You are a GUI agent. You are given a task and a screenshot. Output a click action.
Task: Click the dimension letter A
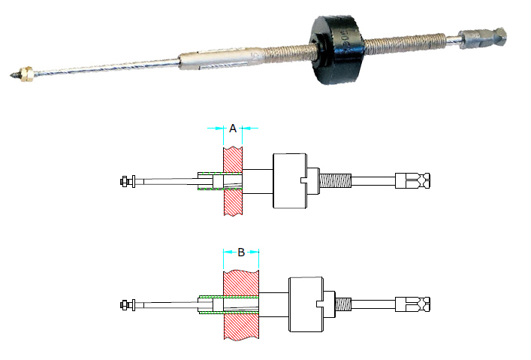tap(233, 129)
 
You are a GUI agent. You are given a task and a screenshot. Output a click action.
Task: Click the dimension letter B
tap(241, 252)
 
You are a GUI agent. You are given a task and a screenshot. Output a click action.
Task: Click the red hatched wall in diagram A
tap(234, 180)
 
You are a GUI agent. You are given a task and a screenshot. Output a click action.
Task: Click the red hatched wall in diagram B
tap(242, 304)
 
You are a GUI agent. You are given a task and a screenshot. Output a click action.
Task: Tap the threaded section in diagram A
tap(337, 180)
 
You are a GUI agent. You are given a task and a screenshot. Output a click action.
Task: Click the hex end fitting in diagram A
tap(414, 180)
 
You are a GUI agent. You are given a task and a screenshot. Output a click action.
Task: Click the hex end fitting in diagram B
tap(414, 304)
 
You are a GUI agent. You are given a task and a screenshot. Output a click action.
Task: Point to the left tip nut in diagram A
tap(126, 180)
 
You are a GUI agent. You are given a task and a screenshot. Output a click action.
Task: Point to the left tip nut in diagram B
tap(126, 304)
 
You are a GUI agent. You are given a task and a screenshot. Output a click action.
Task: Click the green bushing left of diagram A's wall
tap(210, 180)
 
